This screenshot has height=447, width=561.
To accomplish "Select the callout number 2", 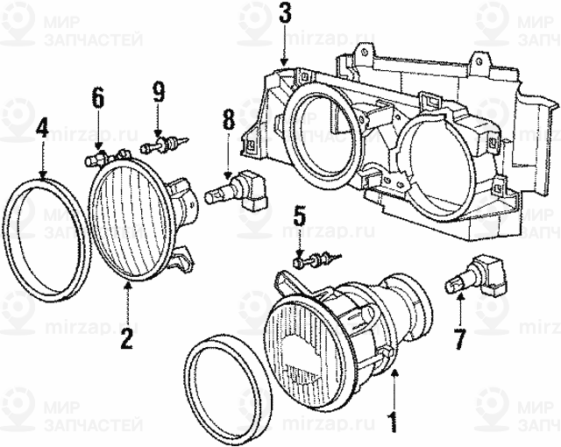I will pyautogui.click(x=127, y=337).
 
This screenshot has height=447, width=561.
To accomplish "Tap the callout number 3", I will pyautogui.click(x=283, y=14).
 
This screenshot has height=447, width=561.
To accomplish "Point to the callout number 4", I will pyautogui.click(x=41, y=132).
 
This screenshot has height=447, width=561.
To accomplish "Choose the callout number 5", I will pyautogui.click(x=299, y=216).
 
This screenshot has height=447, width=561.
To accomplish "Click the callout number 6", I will pyautogui.click(x=98, y=98).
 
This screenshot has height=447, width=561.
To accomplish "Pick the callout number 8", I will pyautogui.click(x=228, y=119).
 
